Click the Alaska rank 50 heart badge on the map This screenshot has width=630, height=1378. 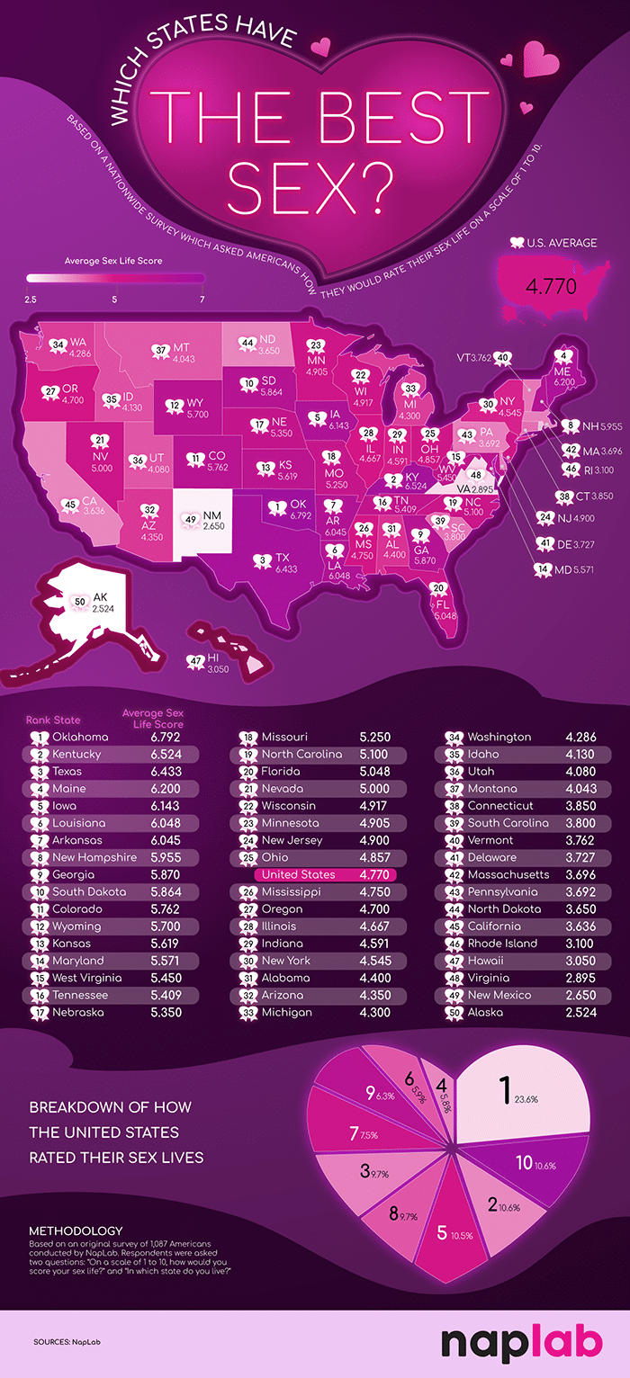(x=79, y=602)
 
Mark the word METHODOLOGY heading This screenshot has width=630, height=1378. (x=75, y=1230)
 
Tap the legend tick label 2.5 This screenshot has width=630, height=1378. (x=31, y=299)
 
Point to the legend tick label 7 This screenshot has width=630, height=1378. (x=202, y=299)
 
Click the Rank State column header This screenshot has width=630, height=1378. (x=52, y=720)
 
